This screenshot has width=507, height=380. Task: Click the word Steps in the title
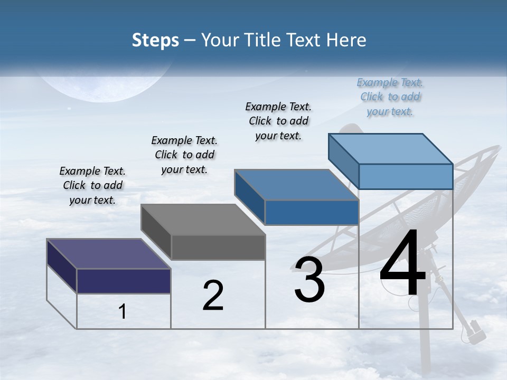click(155, 40)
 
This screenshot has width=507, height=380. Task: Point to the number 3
click(309, 280)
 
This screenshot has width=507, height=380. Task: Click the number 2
click(213, 296)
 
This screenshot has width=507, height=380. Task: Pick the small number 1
click(123, 312)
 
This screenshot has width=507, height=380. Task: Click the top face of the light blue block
click(390, 148)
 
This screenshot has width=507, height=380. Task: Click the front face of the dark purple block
click(124, 281)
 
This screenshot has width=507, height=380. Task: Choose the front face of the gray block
click(218, 247)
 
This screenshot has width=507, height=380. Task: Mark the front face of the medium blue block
click(312, 212)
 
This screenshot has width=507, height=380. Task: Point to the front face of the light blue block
click(406, 176)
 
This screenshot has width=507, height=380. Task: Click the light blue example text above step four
click(390, 97)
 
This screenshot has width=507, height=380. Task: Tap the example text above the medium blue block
click(278, 121)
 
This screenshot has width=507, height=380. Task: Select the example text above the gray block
click(184, 155)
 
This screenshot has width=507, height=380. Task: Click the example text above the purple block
click(92, 185)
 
